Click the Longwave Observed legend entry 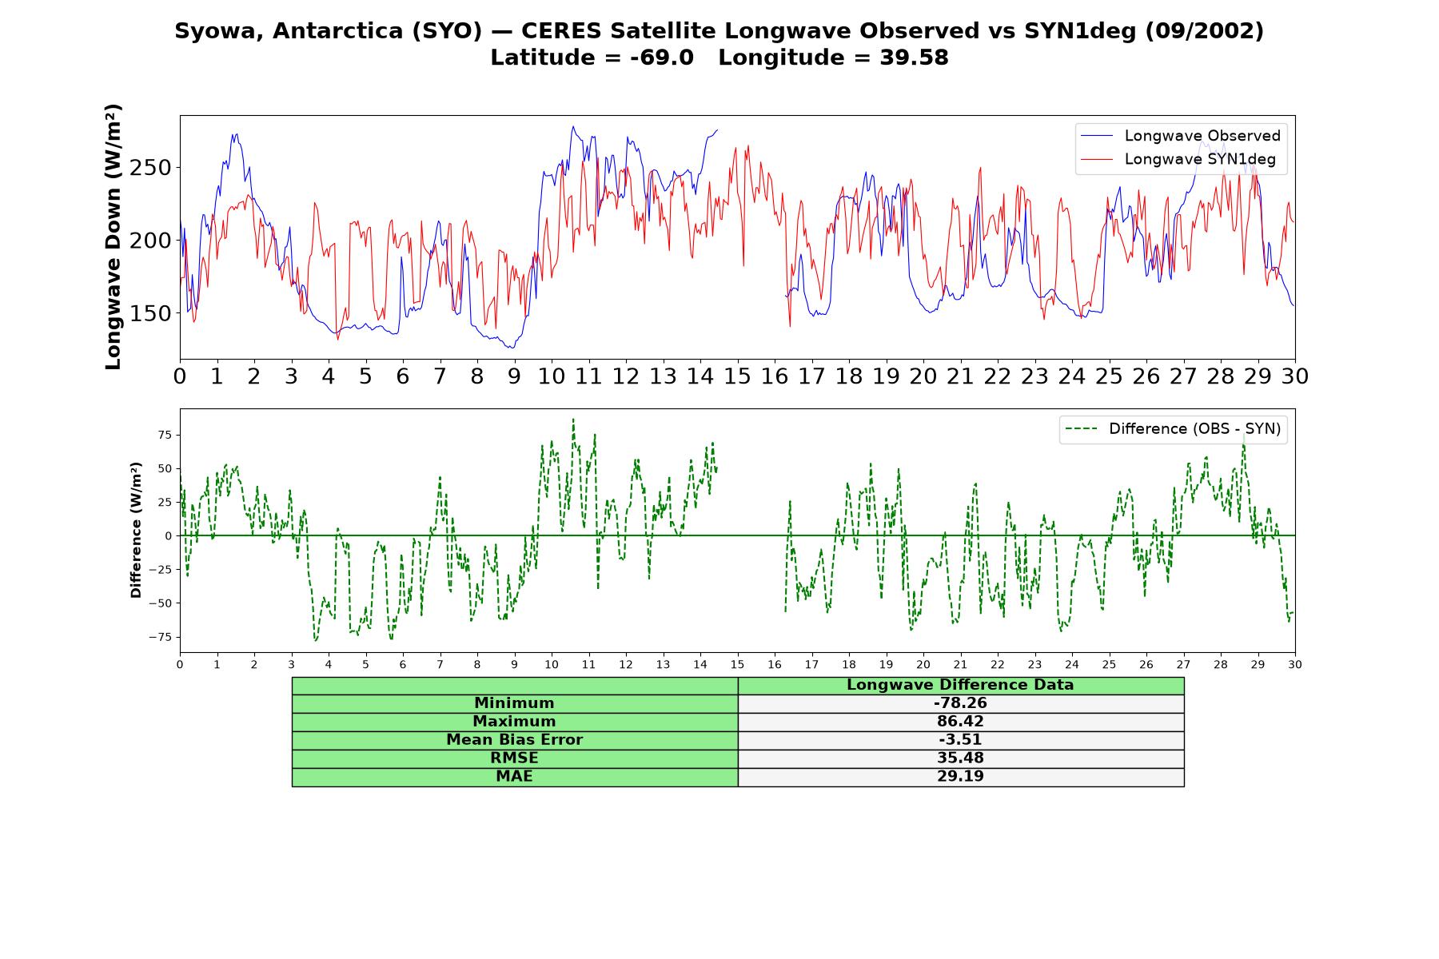tap(1180, 136)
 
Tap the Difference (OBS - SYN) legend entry tap(1173, 429)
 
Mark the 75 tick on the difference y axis tap(165, 435)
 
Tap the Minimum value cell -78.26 tap(960, 703)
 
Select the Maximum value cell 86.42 tap(960, 722)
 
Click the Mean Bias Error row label tap(514, 740)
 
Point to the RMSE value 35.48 tap(960, 758)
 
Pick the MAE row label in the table tap(514, 777)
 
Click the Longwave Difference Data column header tap(960, 685)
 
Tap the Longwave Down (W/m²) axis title tap(114, 237)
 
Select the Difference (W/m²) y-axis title tap(136, 531)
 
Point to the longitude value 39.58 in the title tap(915, 58)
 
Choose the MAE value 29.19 tap(960, 777)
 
